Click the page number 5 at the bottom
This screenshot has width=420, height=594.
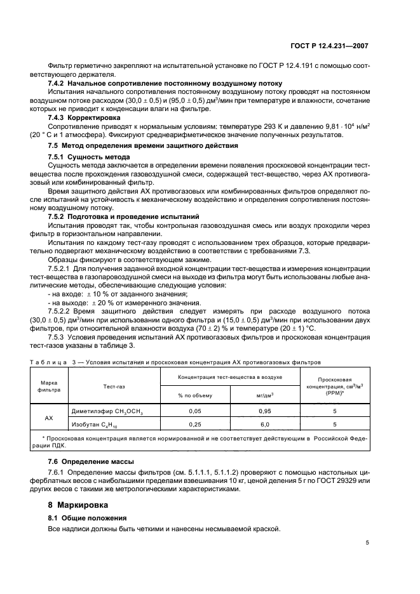pyautogui.click(x=367, y=542)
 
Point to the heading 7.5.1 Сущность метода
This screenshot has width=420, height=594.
pyautogui.click(x=89, y=156)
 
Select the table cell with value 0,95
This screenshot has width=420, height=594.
pyautogui.click(x=266, y=411)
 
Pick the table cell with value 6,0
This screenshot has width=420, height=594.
pyautogui.click(x=266, y=424)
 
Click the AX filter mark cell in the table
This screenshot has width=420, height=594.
pyautogui.click(x=49, y=418)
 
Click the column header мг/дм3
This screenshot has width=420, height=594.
pyautogui.click(x=266, y=395)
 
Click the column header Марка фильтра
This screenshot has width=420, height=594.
pyautogui.click(x=49, y=386)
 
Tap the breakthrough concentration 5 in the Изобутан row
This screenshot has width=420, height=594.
pyautogui.click(x=334, y=424)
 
